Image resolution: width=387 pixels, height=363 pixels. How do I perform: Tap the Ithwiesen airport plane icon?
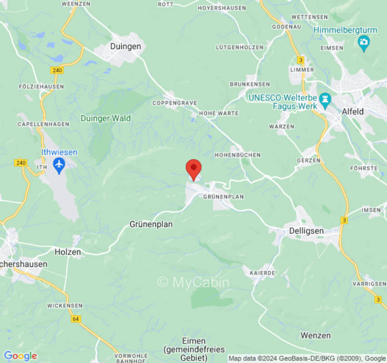pos(59,165)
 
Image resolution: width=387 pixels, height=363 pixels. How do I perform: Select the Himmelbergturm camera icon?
pos(363,44)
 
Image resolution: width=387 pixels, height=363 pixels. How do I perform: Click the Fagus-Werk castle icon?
pos(325,100)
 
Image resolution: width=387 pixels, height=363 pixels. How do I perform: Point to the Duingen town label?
pos(126,46)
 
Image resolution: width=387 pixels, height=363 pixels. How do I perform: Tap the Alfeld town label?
pos(353,112)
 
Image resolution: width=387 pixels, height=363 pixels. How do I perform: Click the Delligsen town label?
pos(307,231)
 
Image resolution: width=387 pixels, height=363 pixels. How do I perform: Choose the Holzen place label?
pos(68,252)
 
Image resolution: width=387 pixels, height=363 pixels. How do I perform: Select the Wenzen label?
pos(315,335)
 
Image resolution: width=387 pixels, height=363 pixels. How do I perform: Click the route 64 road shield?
pos(75,319)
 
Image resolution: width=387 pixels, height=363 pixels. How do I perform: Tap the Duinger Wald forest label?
pos(106,118)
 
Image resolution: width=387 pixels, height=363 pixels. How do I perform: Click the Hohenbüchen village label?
pos(238,155)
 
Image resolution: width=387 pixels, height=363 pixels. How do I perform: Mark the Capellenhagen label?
pos(43,124)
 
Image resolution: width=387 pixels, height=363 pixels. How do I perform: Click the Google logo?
pos(20,356)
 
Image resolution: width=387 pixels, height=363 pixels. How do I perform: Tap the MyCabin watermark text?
pos(193,282)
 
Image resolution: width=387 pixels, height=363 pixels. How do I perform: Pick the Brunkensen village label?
pos(250,84)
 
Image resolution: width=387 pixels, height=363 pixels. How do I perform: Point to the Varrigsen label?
pos(371,283)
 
